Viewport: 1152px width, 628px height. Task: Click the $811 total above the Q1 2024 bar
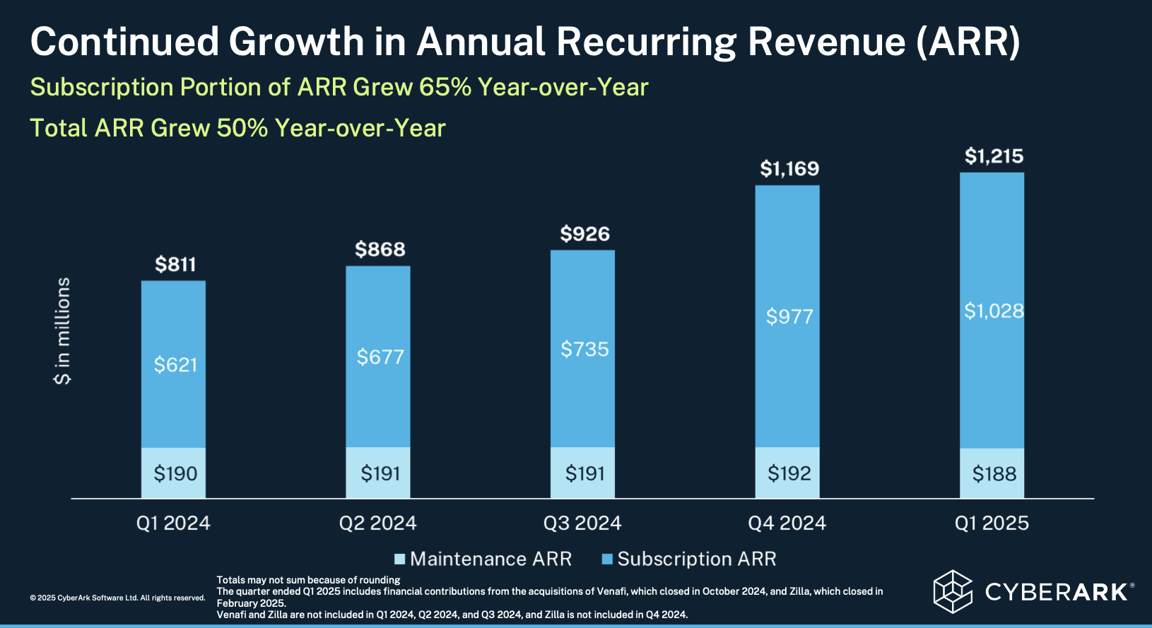tap(175, 264)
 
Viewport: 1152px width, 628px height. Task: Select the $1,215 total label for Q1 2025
tap(994, 156)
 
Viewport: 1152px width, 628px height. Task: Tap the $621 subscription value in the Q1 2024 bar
tap(175, 365)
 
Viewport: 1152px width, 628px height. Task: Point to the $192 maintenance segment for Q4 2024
tap(789, 473)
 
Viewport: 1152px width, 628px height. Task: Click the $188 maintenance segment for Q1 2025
tap(994, 474)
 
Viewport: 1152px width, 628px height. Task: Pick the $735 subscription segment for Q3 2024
tap(584, 349)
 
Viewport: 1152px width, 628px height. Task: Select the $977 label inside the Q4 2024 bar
tap(789, 316)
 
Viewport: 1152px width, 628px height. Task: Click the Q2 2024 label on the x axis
tap(377, 523)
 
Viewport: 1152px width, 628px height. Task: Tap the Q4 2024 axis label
tap(787, 523)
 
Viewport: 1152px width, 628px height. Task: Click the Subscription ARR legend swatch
tap(606, 559)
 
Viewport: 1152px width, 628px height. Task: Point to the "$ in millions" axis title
tap(63, 330)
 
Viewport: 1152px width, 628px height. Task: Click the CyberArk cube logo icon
tap(952, 591)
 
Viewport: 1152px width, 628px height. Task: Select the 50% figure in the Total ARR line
tap(242, 128)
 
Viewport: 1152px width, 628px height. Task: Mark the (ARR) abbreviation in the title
tap(968, 42)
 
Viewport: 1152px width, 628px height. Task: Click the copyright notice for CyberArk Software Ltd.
tap(117, 598)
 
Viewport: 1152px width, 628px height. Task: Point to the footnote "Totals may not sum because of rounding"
tap(308, 580)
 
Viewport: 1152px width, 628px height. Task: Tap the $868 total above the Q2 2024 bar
tap(380, 250)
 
